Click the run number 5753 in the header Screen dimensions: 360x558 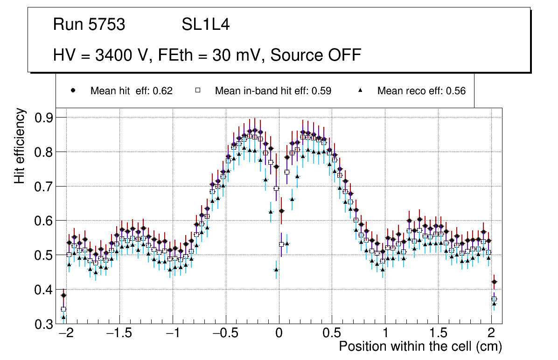click(107, 25)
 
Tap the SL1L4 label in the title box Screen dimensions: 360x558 click(205, 25)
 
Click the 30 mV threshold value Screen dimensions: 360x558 click(234, 55)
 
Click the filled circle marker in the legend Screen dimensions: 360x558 click(73, 91)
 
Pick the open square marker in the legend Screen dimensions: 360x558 click(198, 91)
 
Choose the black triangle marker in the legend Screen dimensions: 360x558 click(360, 91)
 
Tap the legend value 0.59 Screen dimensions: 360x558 click(321, 91)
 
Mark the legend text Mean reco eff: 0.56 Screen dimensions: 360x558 click(421, 91)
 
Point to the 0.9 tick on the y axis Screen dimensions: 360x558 click(44, 118)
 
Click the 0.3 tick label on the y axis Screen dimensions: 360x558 click(44, 324)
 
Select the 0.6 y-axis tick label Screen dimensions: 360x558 click(44, 221)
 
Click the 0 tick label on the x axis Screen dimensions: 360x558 click(279, 334)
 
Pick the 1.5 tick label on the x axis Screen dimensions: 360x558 click(438, 334)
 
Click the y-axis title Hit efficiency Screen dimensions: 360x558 click(20, 145)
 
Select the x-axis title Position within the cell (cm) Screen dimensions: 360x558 click(420, 346)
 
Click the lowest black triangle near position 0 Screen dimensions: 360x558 click(276, 270)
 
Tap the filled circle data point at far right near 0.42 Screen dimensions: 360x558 click(494, 282)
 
